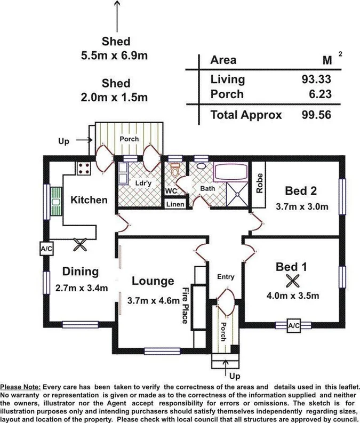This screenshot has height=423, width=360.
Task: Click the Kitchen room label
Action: click(89, 201)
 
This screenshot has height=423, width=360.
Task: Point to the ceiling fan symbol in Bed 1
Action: click(291, 280)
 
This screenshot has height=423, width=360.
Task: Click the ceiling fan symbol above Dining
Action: click(81, 244)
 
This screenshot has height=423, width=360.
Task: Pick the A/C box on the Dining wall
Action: click(45, 249)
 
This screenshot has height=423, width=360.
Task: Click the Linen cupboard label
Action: click(175, 204)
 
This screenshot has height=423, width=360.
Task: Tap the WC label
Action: click(171, 190)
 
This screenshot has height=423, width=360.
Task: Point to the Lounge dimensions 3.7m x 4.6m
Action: click(153, 300)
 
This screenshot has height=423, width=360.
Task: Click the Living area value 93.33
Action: click(316, 79)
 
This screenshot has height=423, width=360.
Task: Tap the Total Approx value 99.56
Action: click(316, 115)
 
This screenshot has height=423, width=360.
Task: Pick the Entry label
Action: click(226, 276)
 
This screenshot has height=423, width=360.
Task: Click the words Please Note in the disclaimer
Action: click(20, 386)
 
